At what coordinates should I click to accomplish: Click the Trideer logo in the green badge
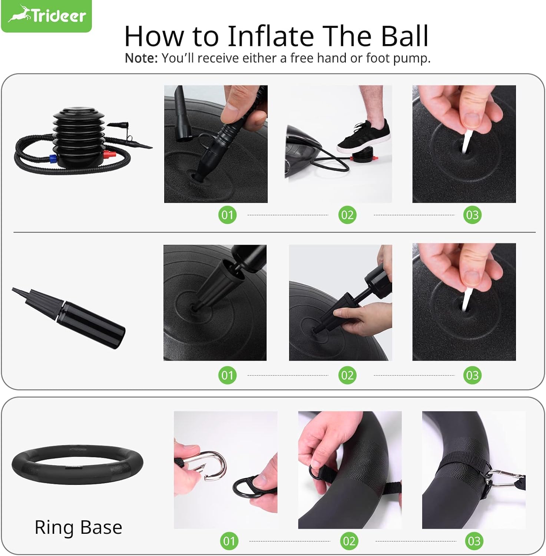(47, 16)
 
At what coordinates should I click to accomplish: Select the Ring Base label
(78, 527)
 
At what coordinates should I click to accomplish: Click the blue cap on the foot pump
(52, 160)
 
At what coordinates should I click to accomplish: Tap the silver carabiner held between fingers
(212, 465)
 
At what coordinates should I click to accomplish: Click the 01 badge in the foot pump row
(227, 215)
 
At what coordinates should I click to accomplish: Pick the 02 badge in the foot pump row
(347, 215)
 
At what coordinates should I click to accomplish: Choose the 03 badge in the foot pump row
(472, 215)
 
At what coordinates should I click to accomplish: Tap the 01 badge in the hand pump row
(227, 375)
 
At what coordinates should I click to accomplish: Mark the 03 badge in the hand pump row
(472, 375)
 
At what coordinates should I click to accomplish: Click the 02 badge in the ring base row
(349, 541)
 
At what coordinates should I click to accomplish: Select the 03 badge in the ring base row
(474, 541)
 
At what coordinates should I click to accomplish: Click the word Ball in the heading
(404, 36)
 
